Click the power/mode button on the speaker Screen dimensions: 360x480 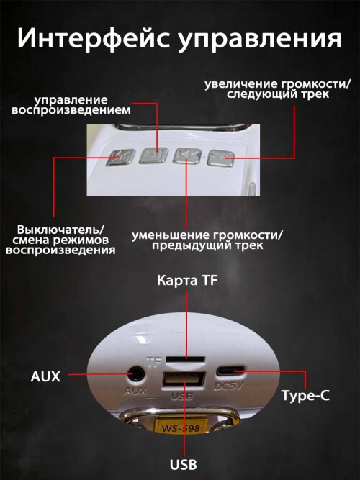[x=120, y=158]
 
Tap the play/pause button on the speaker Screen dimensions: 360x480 [x=154, y=156]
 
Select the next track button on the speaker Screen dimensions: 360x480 [x=220, y=158]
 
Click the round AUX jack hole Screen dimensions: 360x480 [x=136, y=374]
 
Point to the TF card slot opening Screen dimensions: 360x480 [x=185, y=359]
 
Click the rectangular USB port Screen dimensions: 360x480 [x=184, y=381]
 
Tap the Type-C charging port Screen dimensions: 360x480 [x=230, y=371]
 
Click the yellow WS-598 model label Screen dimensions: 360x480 [x=181, y=427]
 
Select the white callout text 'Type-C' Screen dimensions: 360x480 [x=305, y=396]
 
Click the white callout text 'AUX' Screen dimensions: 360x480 [x=45, y=376]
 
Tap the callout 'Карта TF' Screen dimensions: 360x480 [x=187, y=280]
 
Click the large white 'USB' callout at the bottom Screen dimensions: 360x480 [x=184, y=464]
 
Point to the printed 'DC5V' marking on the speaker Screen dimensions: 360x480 [x=228, y=386]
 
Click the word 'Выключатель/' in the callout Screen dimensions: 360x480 [x=61, y=230]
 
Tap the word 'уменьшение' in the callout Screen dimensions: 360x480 [x=170, y=236]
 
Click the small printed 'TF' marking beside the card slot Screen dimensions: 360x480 [x=154, y=362]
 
